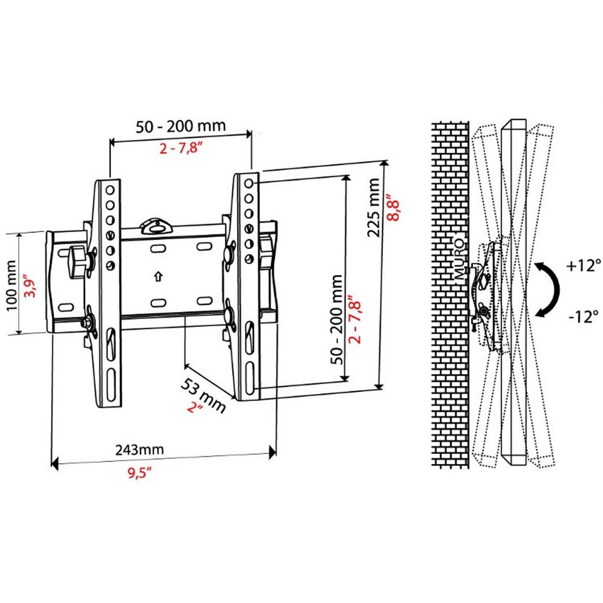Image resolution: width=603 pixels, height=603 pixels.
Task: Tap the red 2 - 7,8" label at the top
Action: [x=180, y=148]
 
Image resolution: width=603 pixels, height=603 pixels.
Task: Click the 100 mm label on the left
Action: [x=11, y=283]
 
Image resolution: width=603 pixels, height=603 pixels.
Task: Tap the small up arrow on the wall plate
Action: [x=158, y=276]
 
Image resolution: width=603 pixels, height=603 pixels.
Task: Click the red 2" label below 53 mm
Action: [x=194, y=408]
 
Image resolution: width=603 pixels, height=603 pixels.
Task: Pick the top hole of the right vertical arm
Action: [x=249, y=182]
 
